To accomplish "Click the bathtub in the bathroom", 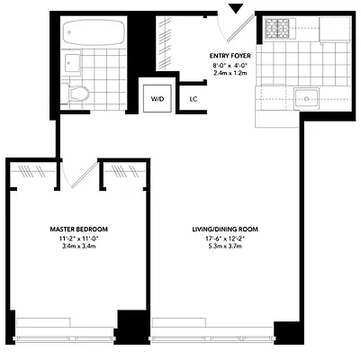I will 94,33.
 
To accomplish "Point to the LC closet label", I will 194,99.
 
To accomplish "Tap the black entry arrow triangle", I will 237,9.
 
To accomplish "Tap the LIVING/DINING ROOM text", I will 226,229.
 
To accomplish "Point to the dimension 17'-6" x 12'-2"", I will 226,238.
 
